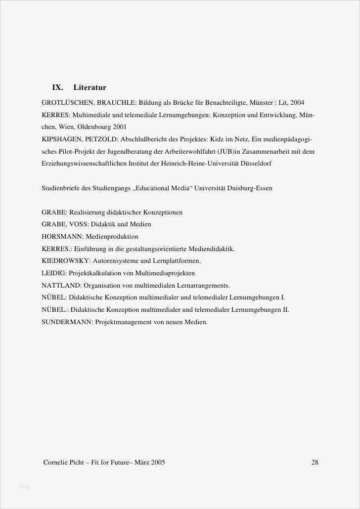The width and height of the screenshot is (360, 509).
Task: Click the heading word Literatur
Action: pyautogui.click(x=90, y=87)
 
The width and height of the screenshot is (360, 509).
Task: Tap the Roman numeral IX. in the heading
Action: pyautogui.click(x=57, y=87)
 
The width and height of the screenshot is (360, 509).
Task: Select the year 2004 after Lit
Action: pyautogui.click(x=297, y=103)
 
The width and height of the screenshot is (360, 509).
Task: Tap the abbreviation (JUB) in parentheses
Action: pyautogui.click(x=228, y=152)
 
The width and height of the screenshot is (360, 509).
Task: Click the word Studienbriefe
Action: pyautogui.click(x=62, y=188)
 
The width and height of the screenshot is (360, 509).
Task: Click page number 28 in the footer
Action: pyautogui.click(x=315, y=463)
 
